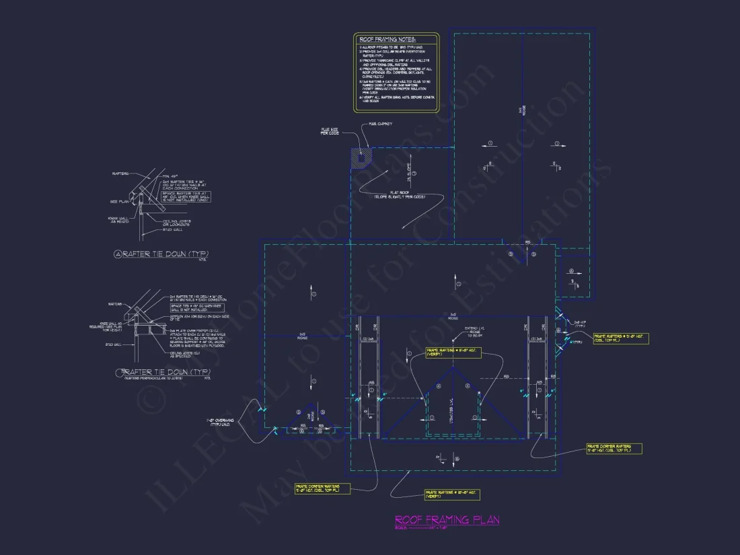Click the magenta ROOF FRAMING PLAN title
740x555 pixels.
point(447,520)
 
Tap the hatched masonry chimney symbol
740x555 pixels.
point(360,157)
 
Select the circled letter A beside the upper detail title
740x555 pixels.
point(118,254)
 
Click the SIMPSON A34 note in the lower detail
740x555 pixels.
point(190,320)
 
